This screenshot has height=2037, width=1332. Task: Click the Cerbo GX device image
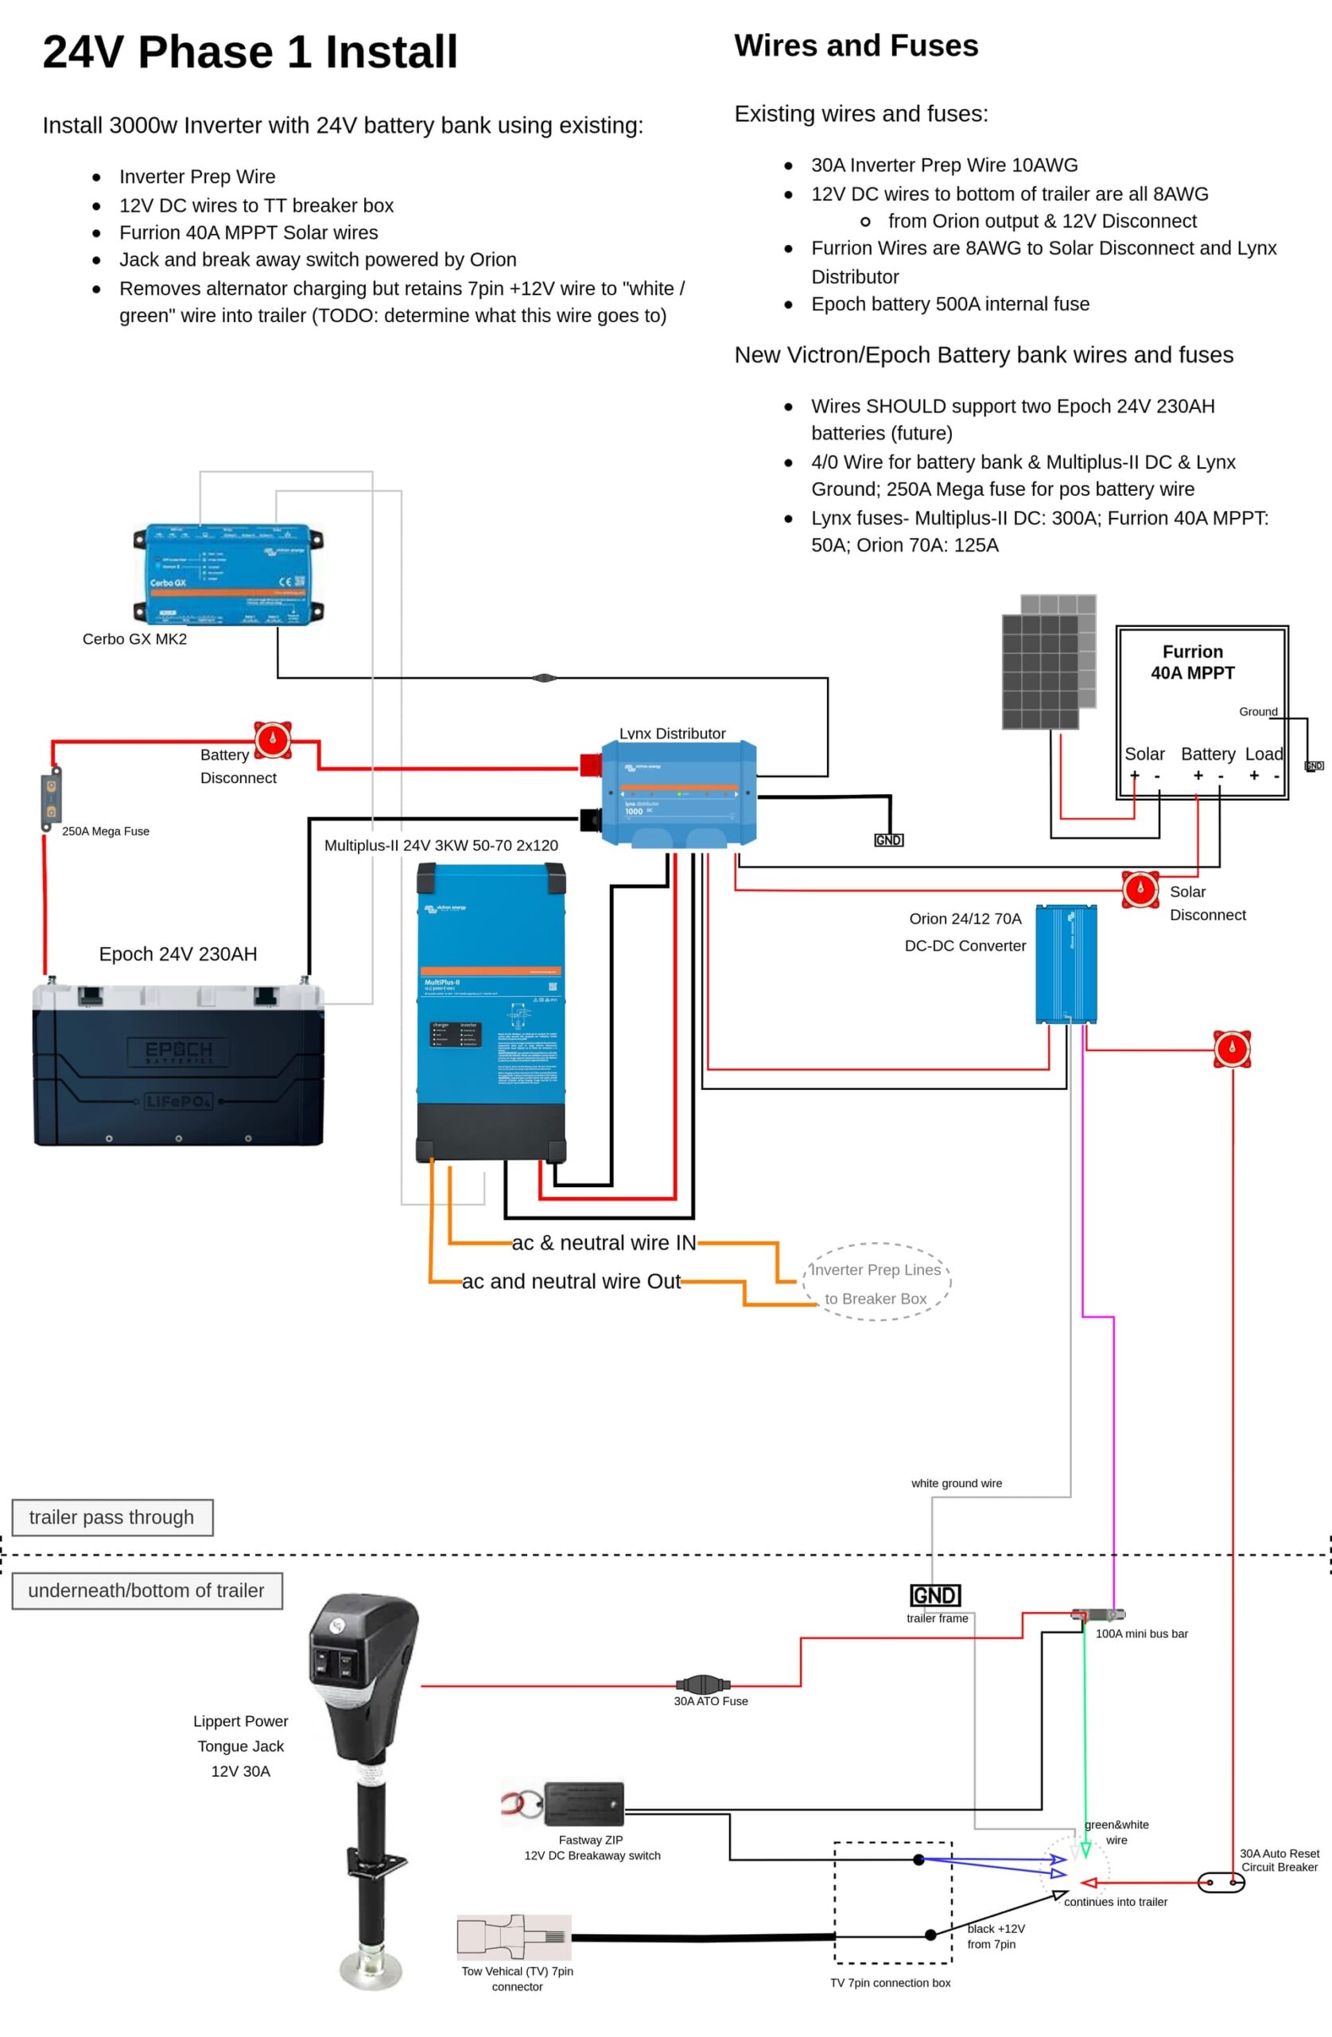tap(228, 574)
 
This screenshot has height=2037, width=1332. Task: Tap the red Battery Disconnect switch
tap(273, 739)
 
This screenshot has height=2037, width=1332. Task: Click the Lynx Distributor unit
tap(678, 793)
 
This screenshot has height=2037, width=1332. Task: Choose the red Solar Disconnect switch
tap(1140, 890)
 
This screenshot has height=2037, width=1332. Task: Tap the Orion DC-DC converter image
tap(1066, 964)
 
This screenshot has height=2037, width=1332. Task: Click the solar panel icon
tap(1049, 661)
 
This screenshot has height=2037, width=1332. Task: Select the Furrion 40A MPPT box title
tap(1193, 661)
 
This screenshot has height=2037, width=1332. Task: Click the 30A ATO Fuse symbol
tap(702, 1685)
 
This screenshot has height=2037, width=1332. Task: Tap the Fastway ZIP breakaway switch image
tap(584, 1804)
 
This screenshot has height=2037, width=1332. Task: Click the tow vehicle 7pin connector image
tap(515, 1937)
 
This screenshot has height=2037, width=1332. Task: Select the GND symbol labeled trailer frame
tap(935, 1595)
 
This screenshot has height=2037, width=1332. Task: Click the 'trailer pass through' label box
tap(112, 1517)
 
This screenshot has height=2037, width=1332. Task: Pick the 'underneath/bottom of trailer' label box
tap(146, 1591)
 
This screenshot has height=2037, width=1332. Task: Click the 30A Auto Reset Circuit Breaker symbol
tap(1221, 1882)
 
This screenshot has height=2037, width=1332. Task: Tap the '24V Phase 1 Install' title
tap(250, 52)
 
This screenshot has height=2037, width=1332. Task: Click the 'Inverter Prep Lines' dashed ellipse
tap(876, 1282)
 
